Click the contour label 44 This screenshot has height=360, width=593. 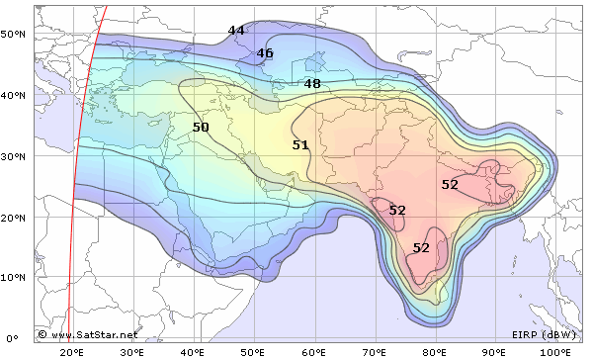tap(236, 31)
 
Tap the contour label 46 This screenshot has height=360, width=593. tap(265, 53)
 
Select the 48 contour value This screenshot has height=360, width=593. tap(312, 84)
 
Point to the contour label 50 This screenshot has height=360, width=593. tap(201, 128)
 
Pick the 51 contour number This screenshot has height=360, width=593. tap(300, 145)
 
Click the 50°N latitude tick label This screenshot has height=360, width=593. tap(13, 34)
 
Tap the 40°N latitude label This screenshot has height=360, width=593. tap(13, 95)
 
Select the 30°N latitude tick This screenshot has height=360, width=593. tap(13, 156)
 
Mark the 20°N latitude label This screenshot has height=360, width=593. tap(13, 217)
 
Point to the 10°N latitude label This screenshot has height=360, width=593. tap(13, 278)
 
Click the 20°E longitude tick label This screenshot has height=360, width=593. tap(72, 352)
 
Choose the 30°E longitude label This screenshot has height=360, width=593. tap(132, 352)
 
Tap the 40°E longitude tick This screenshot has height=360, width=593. tap(193, 352)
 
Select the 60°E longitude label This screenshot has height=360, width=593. tap(314, 352)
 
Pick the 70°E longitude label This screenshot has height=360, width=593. tap(375, 352)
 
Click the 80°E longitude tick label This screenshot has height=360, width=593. tap(436, 352)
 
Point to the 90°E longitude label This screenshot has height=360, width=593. tap(496, 352)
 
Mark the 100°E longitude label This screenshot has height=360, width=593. tap(555, 352)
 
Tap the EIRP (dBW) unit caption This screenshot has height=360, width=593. tap(544, 335)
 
